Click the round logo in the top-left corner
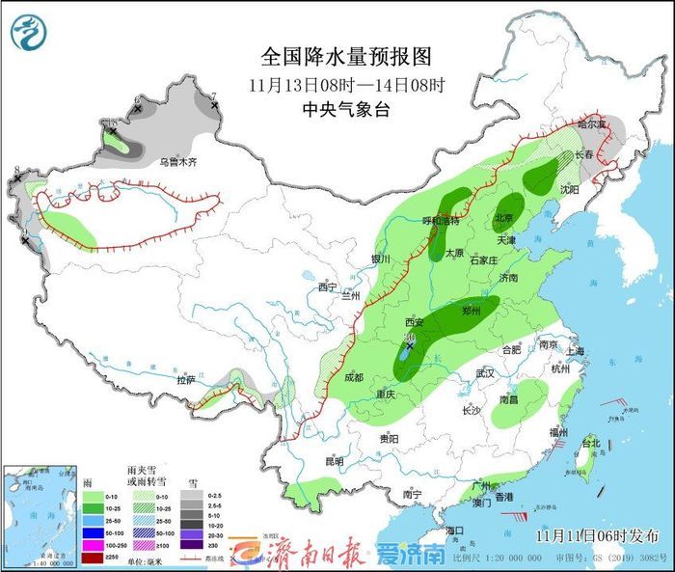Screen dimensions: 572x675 pos(30,32)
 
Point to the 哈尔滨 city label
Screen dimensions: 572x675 pos(593,124)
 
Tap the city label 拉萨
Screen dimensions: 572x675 pos(185,380)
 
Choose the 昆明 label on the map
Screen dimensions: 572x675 pos(334,461)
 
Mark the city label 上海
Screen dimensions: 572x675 pos(577,351)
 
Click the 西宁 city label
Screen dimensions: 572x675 pos(328,286)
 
